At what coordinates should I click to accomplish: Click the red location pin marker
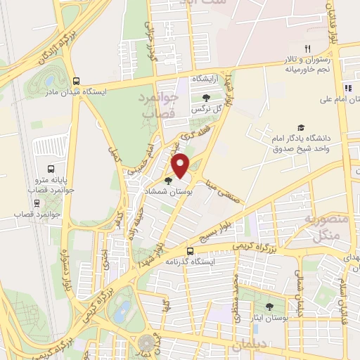[181, 165]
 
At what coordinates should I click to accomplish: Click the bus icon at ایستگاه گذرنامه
[190, 250]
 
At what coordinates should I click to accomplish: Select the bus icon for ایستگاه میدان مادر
[76, 80]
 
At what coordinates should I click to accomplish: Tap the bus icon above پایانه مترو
[51, 169]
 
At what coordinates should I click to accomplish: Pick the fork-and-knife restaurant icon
[307, 49]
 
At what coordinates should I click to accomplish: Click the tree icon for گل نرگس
[206, 98]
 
